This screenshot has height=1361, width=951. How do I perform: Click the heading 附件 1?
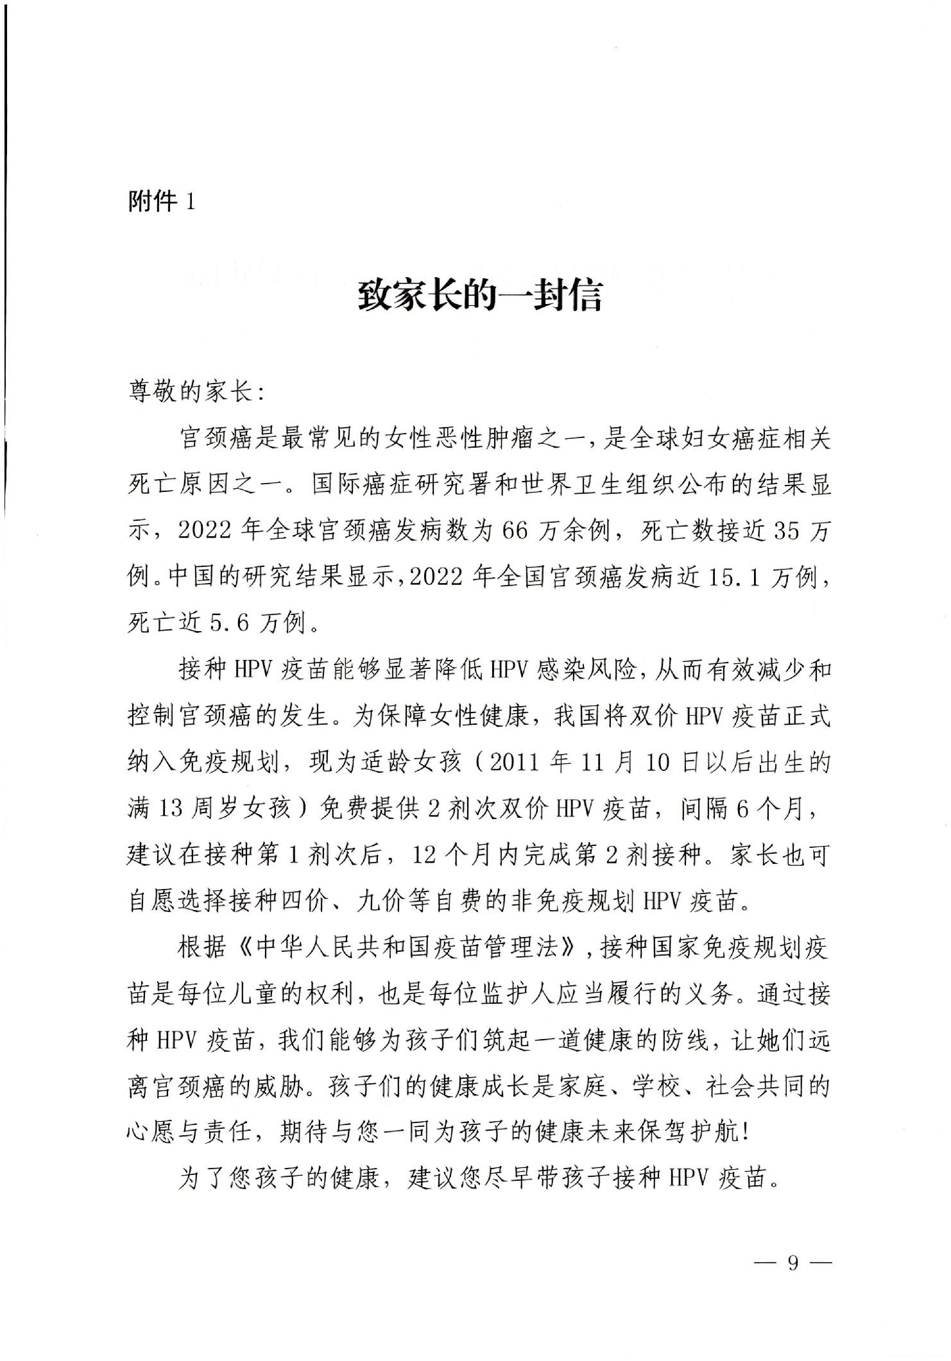pyautogui.click(x=161, y=202)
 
